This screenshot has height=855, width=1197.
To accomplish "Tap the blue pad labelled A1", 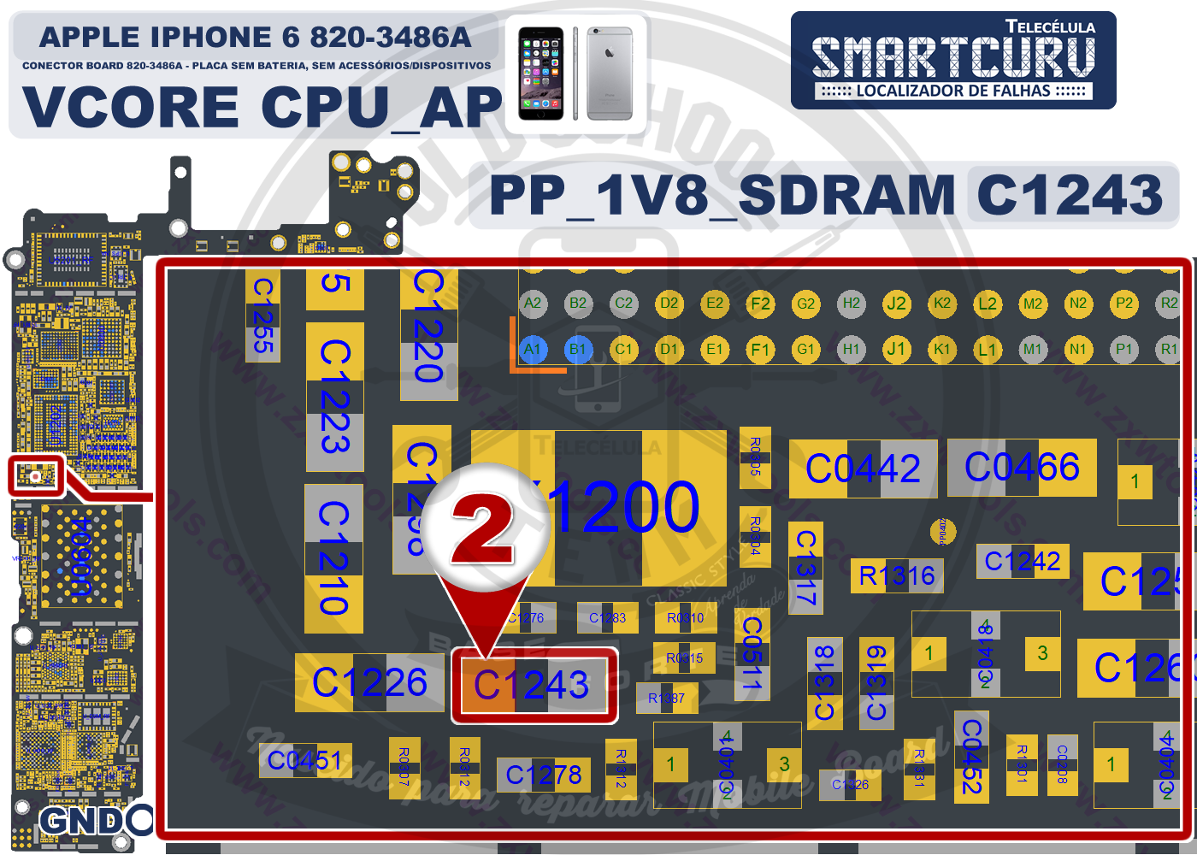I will pos(533,349).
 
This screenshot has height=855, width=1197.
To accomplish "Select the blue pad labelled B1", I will pos(578,349).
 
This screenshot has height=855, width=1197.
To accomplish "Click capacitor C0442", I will pos(863,469).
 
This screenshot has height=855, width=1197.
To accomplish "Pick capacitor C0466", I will pos(1022,468).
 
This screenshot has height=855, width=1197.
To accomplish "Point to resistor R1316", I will pos(897,575).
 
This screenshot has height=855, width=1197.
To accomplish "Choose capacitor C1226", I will pos(369,682).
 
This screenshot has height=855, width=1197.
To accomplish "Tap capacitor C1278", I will pos(543,775).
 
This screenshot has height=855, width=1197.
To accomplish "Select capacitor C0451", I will pos(305,760).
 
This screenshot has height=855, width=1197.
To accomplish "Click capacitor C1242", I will pos(1023,562).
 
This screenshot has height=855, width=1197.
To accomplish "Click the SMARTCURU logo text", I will pos(953,57).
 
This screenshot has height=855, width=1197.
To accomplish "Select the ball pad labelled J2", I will pos(896,303).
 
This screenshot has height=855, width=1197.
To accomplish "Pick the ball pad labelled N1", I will pos(1078,349).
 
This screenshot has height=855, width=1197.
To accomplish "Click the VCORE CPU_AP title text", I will pos(262,107).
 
